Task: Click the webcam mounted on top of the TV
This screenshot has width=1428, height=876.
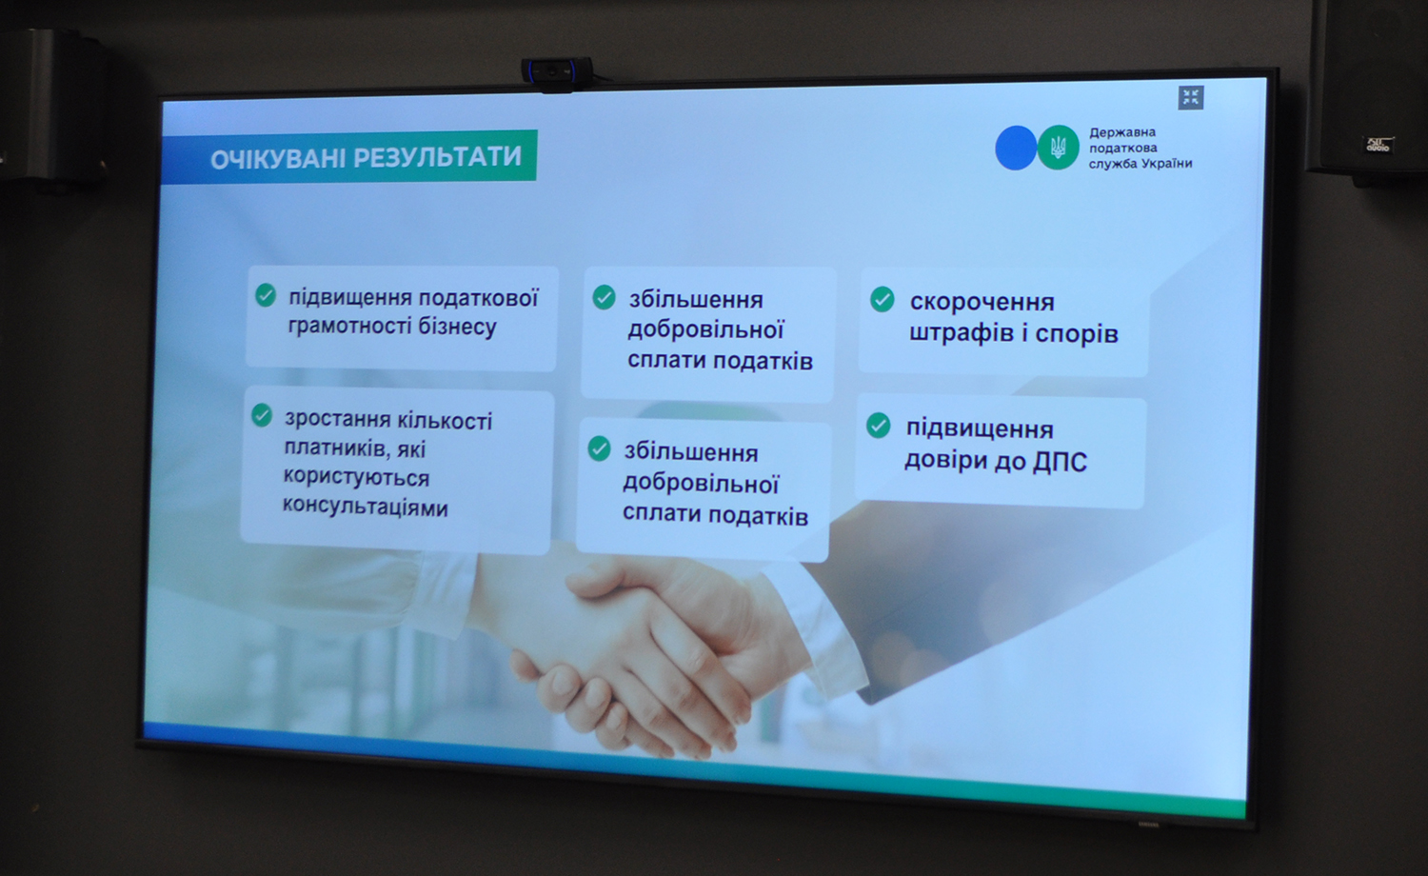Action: click(557, 72)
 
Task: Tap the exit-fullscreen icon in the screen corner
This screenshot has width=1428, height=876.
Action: click(1190, 97)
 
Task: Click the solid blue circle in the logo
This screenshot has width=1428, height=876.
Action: click(1016, 148)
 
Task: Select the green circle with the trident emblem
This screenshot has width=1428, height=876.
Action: click(1059, 148)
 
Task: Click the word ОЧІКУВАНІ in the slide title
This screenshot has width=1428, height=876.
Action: click(278, 159)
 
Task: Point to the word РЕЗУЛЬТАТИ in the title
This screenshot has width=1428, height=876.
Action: click(437, 157)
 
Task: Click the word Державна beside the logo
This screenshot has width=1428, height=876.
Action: click(1122, 132)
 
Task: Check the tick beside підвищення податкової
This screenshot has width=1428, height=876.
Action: click(266, 296)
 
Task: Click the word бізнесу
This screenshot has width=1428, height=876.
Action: click(456, 327)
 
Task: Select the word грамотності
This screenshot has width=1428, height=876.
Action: click(349, 327)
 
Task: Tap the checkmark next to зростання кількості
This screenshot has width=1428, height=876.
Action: click(262, 415)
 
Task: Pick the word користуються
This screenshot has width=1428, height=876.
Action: click(356, 477)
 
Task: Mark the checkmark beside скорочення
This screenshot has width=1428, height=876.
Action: click(883, 299)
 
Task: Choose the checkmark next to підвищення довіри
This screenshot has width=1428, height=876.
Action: click(879, 426)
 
